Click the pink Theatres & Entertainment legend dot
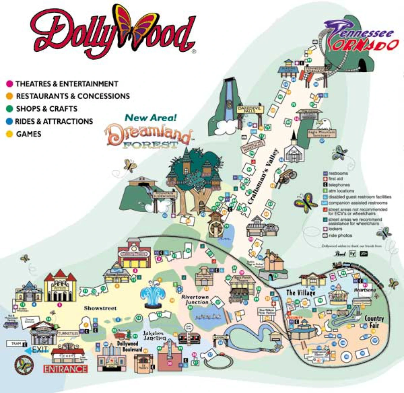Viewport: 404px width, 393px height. [x=10, y=84]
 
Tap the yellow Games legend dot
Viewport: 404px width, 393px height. [x=10, y=134]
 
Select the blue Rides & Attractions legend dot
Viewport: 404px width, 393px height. [x=10, y=121]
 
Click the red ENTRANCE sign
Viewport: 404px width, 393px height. [x=66, y=369]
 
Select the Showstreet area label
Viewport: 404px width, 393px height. [x=100, y=308]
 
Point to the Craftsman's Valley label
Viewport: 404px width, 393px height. [x=263, y=176]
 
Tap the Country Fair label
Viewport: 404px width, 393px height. [x=374, y=322]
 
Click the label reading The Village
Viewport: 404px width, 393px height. [x=301, y=293]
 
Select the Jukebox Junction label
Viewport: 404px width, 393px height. [x=155, y=335]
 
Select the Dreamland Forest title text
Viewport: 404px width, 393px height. [x=149, y=136]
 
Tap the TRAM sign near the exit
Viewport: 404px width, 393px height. [x=16, y=344]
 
